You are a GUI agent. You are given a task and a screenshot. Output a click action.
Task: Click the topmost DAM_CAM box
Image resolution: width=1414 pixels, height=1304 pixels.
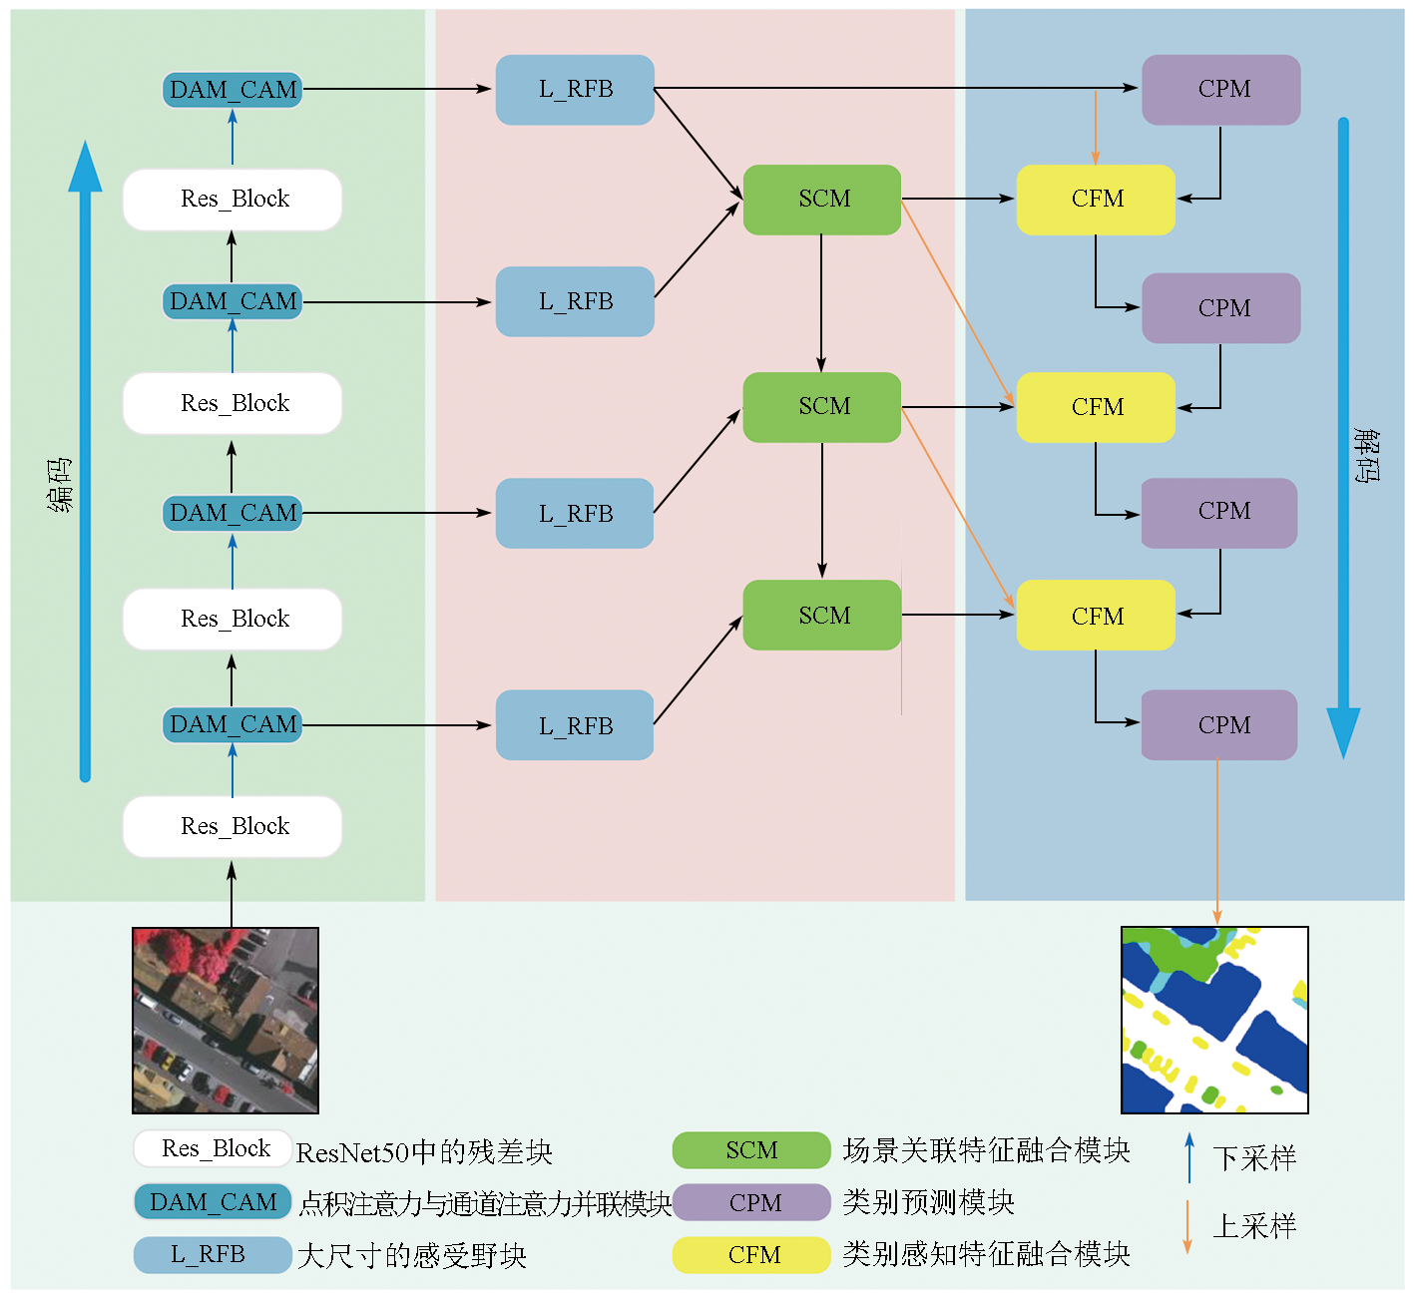coord(233,90)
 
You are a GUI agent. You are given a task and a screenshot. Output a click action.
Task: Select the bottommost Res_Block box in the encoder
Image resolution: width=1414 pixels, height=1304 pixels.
coord(233,826)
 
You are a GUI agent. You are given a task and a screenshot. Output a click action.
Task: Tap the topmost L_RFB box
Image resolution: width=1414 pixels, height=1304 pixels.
coord(575,90)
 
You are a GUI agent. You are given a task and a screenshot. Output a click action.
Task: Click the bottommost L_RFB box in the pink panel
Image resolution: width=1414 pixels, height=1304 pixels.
coord(575,725)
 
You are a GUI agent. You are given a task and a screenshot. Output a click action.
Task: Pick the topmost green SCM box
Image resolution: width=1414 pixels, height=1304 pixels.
coord(822,200)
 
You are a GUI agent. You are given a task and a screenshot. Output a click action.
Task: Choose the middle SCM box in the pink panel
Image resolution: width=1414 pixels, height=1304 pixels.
coord(822,407)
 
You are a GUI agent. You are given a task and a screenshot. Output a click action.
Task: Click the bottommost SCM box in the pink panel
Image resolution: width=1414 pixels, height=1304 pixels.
coord(822,615)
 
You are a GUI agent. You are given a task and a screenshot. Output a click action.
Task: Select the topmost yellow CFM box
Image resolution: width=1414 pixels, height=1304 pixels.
coord(1096,200)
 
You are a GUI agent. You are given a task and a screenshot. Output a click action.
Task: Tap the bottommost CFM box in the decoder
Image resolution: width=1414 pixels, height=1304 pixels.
coord(1096,615)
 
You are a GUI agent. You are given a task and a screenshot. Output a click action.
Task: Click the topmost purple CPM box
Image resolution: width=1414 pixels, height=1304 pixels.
coord(1221,90)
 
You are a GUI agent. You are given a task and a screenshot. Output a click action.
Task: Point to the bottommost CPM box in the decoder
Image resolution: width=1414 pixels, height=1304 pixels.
coord(1219,725)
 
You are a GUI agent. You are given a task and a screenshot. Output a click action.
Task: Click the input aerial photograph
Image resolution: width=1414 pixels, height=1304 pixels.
coord(226,1020)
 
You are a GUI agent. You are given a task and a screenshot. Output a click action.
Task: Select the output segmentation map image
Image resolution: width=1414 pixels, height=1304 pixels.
coord(1214,1020)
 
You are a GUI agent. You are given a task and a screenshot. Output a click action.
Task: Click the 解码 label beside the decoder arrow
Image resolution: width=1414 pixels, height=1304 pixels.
coord(1367,455)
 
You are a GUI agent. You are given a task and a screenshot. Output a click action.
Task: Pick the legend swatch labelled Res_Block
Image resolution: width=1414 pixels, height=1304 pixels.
coord(213,1148)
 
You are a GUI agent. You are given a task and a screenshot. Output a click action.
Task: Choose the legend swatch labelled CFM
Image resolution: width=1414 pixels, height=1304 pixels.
coord(751,1255)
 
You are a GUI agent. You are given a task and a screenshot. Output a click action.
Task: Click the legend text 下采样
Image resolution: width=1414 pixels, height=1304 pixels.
coord(1254,1158)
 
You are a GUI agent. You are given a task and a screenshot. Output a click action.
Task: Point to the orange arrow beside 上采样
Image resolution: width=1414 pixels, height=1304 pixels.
coord(1187,1226)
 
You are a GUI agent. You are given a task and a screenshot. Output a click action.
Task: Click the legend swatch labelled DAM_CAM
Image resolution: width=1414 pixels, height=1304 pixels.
coord(213,1202)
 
